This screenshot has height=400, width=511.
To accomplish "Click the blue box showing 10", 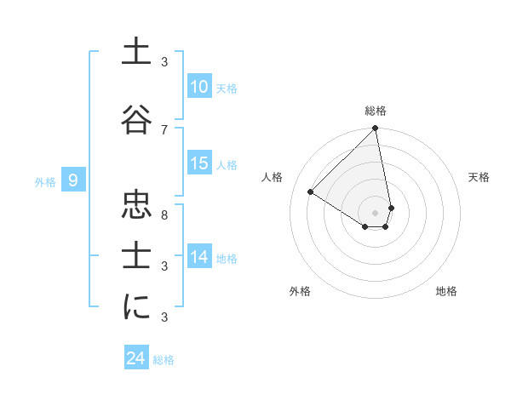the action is pyautogui.click(x=199, y=87).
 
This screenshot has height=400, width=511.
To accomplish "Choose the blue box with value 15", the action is pyautogui.click(x=199, y=164).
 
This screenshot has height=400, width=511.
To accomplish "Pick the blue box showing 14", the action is pyautogui.click(x=199, y=258).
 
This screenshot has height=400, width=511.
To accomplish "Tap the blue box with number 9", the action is pyautogui.click(x=73, y=180).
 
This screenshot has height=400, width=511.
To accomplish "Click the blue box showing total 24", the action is pyautogui.click(x=136, y=358).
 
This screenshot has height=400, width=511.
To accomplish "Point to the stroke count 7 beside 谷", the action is pyautogui.click(x=164, y=129).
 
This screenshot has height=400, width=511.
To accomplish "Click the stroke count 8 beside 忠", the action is pyautogui.click(x=164, y=214).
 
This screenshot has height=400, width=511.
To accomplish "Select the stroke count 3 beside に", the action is pyautogui.click(x=164, y=317).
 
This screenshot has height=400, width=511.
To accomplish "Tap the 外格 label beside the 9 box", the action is pyautogui.click(x=45, y=180).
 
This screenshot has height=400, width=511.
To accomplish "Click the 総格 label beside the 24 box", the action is pyautogui.click(x=164, y=360).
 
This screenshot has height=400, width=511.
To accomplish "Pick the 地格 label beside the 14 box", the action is pyautogui.click(x=227, y=259).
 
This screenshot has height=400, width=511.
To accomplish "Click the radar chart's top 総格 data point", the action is pyautogui.click(x=375, y=129).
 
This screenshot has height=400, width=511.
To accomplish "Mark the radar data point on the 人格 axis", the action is pyautogui.click(x=311, y=192).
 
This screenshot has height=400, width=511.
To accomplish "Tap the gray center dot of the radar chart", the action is pyautogui.click(x=375, y=212).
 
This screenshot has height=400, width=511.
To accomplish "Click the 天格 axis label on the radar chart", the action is pyautogui.click(x=479, y=177).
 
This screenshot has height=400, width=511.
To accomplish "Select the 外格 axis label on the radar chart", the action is pyautogui.click(x=300, y=291).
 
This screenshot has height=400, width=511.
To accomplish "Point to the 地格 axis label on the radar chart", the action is pyautogui.click(x=446, y=291).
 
